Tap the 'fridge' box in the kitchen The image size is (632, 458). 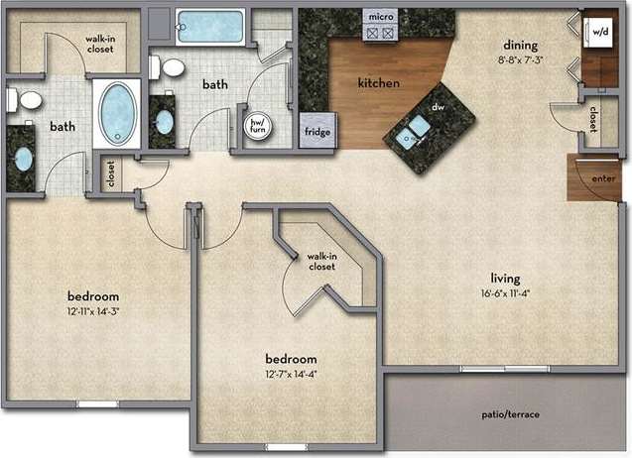[316, 131]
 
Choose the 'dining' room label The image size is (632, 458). [520, 45]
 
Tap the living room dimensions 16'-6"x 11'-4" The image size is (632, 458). [505, 292]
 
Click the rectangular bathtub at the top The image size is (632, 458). [210, 26]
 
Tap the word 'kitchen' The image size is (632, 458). [379, 84]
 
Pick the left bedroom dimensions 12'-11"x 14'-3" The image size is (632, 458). [93, 311]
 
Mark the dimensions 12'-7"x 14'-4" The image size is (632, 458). [291, 374]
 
